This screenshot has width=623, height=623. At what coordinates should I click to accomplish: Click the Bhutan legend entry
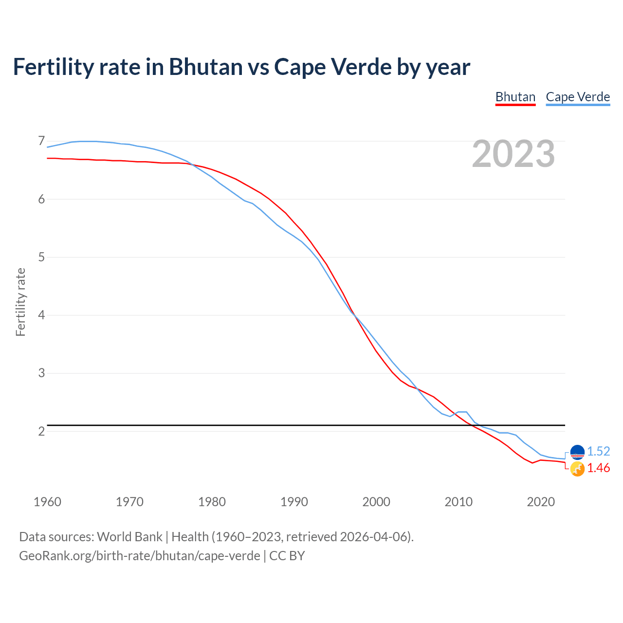[x=515, y=97]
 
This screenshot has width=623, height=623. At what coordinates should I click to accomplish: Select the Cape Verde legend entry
[x=578, y=97]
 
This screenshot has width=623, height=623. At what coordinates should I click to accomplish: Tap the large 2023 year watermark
[x=513, y=154]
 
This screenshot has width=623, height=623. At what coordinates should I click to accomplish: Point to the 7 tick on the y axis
[x=41, y=141]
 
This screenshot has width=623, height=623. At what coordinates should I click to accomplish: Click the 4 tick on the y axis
[x=41, y=315]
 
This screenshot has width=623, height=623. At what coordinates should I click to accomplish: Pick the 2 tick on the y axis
[x=41, y=431]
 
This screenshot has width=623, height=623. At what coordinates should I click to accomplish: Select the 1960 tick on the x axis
[x=47, y=502]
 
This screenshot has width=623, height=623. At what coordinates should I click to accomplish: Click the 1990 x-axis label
[x=294, y=502]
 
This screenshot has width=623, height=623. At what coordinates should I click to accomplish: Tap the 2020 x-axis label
[x=541, y=502]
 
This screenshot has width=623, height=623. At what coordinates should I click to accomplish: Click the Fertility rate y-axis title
[x=20, y=302]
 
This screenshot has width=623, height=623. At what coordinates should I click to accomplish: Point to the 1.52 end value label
[x=598, y=451]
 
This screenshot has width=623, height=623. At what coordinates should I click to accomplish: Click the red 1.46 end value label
[x=598, y=468]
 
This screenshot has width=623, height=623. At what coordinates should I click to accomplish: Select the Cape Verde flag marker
[x=577, y=452]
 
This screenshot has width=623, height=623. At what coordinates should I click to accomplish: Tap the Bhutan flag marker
[x=577, y=469]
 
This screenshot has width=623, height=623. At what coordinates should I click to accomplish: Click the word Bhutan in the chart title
[x=205, y=67]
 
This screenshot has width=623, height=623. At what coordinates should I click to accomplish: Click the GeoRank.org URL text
[x=139, y=555]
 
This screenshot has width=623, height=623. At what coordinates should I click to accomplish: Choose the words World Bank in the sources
[x=129, y=536]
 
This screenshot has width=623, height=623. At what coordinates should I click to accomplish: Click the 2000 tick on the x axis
[x=376, y=502]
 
